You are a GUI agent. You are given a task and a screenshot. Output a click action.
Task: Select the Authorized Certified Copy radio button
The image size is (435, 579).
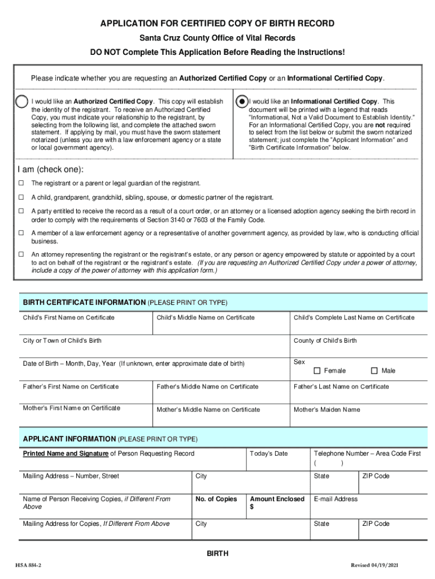coord(21,101)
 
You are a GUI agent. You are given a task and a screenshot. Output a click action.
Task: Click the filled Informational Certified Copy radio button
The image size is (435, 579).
coord(241,101)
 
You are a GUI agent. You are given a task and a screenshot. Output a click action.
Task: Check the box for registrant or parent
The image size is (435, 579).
coord(20,183)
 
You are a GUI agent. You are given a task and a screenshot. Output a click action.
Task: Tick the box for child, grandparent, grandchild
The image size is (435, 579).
coord(20,197)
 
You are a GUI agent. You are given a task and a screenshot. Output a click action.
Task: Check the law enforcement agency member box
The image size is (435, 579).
coord(20,233)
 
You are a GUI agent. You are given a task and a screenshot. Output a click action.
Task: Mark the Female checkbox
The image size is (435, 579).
coord(317,370)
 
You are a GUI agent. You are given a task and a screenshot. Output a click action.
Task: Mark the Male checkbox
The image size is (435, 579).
coord(374,370)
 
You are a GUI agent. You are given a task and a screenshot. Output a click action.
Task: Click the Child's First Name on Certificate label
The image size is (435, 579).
coord(68,318)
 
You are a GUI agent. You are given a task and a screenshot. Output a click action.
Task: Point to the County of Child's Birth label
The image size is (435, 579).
coord(325,341)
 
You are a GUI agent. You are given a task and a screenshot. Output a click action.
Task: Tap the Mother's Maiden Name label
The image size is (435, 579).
coord(327,409)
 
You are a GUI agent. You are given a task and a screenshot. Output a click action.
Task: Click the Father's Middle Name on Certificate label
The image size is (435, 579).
coord(207,387)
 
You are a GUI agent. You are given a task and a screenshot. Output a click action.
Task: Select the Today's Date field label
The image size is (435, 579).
coord(268,453)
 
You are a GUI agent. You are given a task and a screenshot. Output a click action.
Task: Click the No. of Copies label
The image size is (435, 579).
coord(216,499)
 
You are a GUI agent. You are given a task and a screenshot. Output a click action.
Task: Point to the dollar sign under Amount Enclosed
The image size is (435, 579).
coord(251,507)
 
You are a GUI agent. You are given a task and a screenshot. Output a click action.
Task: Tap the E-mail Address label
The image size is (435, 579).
coord(336,499)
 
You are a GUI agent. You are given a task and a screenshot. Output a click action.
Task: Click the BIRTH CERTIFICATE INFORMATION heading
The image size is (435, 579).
coord(84,303)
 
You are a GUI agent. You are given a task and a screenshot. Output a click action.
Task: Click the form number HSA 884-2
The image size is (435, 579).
coord(28,566)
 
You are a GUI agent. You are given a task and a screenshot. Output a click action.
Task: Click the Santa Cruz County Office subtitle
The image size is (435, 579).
coord(217,38)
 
